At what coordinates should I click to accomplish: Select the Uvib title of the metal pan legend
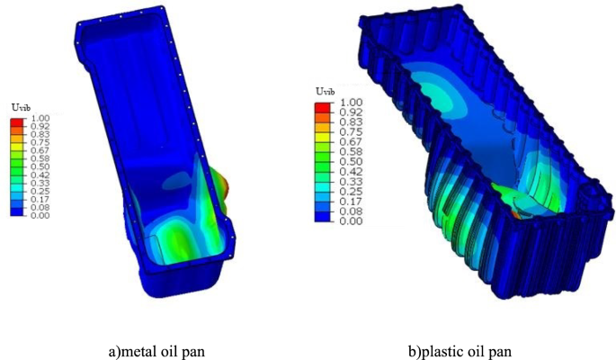(x=21, y=108)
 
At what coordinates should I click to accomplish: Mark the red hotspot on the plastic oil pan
(x=517, y=215)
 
